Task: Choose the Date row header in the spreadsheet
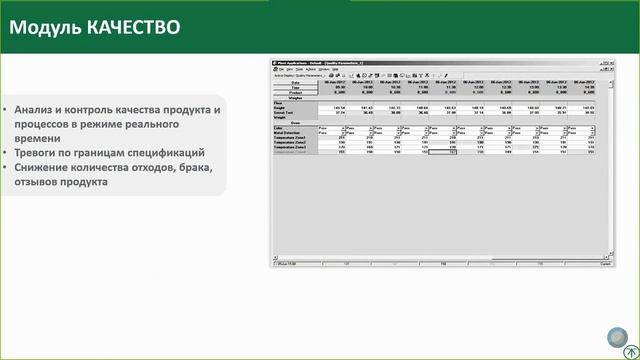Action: (x=295, y=82)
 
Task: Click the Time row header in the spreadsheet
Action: (x=295, y=88)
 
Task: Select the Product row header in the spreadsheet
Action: (x=295, y=93)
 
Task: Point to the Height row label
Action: (x=281, y=108)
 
